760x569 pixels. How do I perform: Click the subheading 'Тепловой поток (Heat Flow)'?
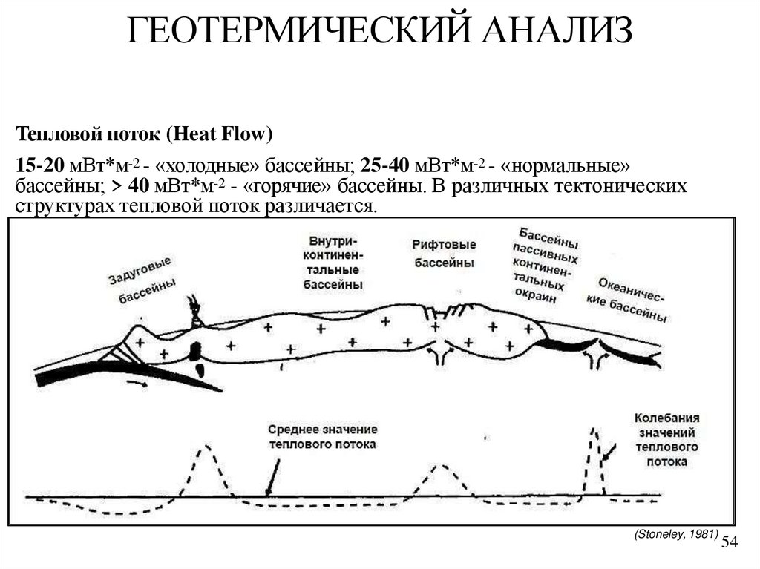(145, 134)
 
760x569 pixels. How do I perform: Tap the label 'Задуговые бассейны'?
(142, 282)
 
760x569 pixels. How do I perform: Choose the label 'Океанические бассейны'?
(632, 300)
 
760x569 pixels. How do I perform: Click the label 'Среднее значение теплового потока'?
(322, 437)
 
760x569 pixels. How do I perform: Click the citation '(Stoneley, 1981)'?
(675, 533)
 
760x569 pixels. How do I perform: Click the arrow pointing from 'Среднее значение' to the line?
(272, 476)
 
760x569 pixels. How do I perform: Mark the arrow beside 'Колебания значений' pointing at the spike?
(609, 451)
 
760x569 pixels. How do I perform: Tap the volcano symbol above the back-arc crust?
(196, 312)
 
